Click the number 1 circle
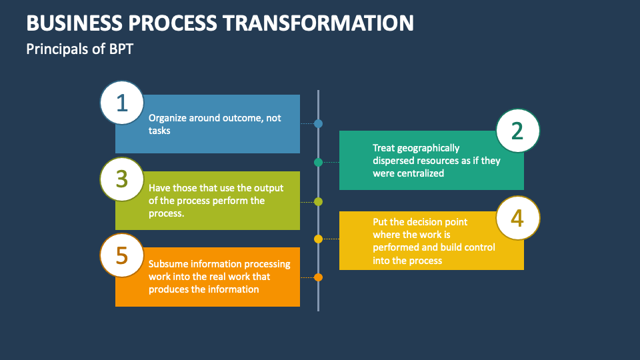121,103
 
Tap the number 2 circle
518,131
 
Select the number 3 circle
121,179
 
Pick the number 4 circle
518,218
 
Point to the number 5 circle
121,255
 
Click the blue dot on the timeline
318,123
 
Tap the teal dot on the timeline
318,162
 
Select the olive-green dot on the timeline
318,201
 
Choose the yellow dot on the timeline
318,239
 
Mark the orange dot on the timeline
318,277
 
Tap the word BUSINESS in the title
69,23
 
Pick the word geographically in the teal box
427,148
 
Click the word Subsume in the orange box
168,263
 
